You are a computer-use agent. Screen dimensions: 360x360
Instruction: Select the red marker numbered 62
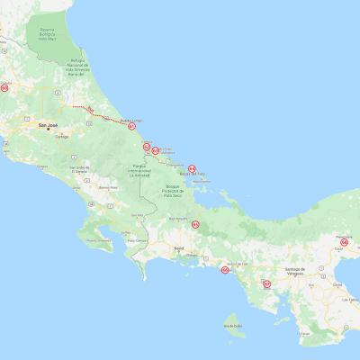(x=146, y=146)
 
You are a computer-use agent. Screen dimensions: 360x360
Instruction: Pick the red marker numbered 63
(x=156, y=150)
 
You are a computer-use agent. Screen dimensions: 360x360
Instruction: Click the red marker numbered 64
(x=192, y=166)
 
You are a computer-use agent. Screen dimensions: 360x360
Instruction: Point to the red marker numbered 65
(x=195, y=224)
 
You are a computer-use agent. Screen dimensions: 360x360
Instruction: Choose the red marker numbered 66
(x=224, y=269)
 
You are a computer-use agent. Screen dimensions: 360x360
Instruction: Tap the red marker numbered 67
(x=266, y=283)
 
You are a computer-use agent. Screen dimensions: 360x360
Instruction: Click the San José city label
(x=46, y=126)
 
